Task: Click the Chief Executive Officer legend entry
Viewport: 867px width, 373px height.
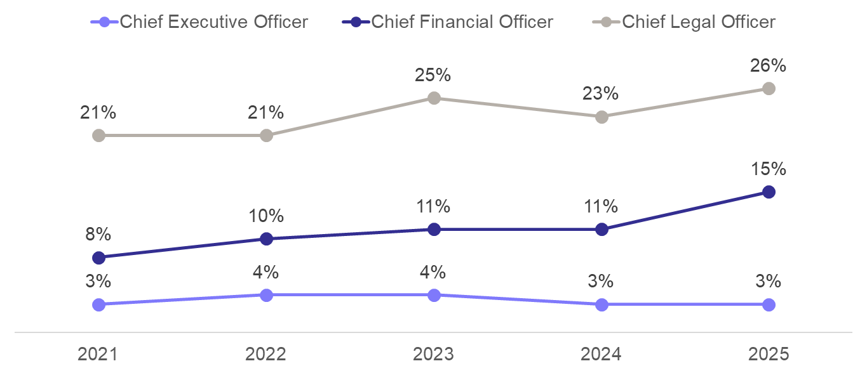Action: click(x=199, y=22)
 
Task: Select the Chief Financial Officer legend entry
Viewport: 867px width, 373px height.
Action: click(x=447, y=22)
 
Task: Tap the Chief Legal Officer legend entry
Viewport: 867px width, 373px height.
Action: click(x=684, y=22)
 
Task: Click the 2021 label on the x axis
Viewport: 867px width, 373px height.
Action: click(x=98, y=354)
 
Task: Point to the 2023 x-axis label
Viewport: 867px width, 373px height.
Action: click(x=433, y=354)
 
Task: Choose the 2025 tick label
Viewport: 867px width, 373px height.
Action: click(x=769, y=354)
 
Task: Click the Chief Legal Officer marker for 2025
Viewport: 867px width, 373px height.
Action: click(x=769, y=89)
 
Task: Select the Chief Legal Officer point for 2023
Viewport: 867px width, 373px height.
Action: click(x=434, y=98)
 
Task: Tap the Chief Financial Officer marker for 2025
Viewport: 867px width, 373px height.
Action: click(x=769, y=192)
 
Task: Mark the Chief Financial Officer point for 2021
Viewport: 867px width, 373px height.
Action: click(x=98, y=258)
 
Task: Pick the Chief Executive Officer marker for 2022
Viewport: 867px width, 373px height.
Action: click(x=266, y=296)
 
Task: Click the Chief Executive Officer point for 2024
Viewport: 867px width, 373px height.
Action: click(x=602, y=304)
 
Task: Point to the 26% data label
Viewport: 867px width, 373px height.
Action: click(x=768, y=66)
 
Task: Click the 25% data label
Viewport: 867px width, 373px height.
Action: click(x=433, y=75)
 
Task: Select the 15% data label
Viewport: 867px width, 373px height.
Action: click(x=769, y=169)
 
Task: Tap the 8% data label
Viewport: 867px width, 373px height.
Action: click(x=98, y=234)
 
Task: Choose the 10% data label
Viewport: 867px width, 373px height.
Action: click(x=266, y=216)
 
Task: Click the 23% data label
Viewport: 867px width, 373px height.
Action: click(x=600, y=93)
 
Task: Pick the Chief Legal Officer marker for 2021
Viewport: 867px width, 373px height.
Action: click(x=98, y=136)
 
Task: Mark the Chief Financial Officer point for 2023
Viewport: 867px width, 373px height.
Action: click(x=434, y=229)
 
